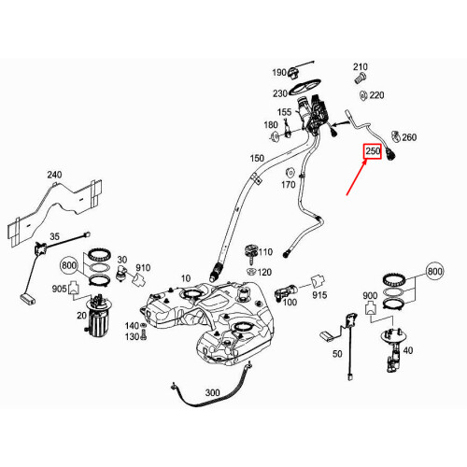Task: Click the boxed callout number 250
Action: coord(373,152)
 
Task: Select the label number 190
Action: coord(279,73)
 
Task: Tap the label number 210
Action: coord(361,66)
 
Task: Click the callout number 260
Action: coord(409,138)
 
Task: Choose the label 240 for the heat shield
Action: coord(54,175)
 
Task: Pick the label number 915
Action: coord(319,296)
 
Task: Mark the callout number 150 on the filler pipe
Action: coord(256,160)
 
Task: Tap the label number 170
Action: coord(289,186)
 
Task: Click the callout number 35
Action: coord(54,237)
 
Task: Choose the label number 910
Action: coord(142,268)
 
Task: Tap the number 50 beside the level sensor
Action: coord(337,356)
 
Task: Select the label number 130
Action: coord(131,336)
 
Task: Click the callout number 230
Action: coord(279,93)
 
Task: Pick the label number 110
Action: coord(265,252)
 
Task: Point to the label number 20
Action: coord(81,316)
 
